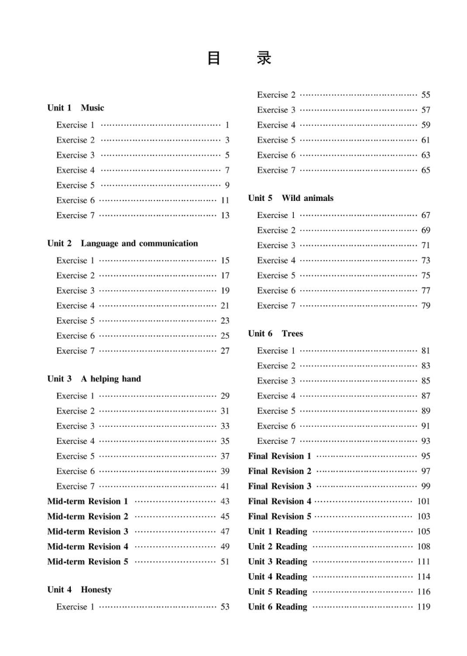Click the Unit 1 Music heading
click(x=75, y=108)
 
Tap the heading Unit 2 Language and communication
click(x=122, y=244)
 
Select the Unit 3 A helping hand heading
click(x=94, y=379)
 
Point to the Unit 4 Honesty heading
click(x=79, y=590)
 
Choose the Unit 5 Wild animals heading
click(x=291, y=198)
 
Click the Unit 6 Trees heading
click(x=275, y=334)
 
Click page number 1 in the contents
click(x=226, y=125)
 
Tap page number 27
click(x=225, y=351)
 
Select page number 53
click(x=225, y=607)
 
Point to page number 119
click(x=424, y=607)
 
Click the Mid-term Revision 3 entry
click(x=88, y=531)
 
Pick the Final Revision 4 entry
click(x=279, y=501)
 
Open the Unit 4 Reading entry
click(x=277, y=577)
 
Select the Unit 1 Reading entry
click(x=277, y=531)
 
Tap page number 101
click(x=424, y=501)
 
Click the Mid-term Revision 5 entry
click(x=88, y=561)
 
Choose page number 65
click(x=426, y=170)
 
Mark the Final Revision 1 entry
click(x=279, y=456)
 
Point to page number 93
click(x=426, y=441)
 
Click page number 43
click(x=225, y=501)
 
